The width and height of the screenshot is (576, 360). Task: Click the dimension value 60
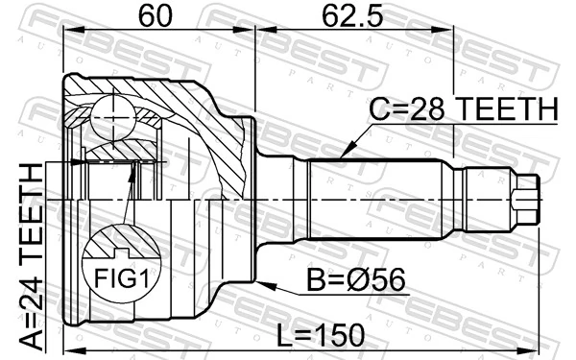tap(157, 16)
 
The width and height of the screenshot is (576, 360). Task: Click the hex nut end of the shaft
tap(524, 199)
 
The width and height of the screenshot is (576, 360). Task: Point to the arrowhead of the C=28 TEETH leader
tap(343, 155)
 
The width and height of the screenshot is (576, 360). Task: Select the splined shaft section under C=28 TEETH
tap(379, 199)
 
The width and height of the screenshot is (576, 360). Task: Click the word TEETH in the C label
tap(505, 111)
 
